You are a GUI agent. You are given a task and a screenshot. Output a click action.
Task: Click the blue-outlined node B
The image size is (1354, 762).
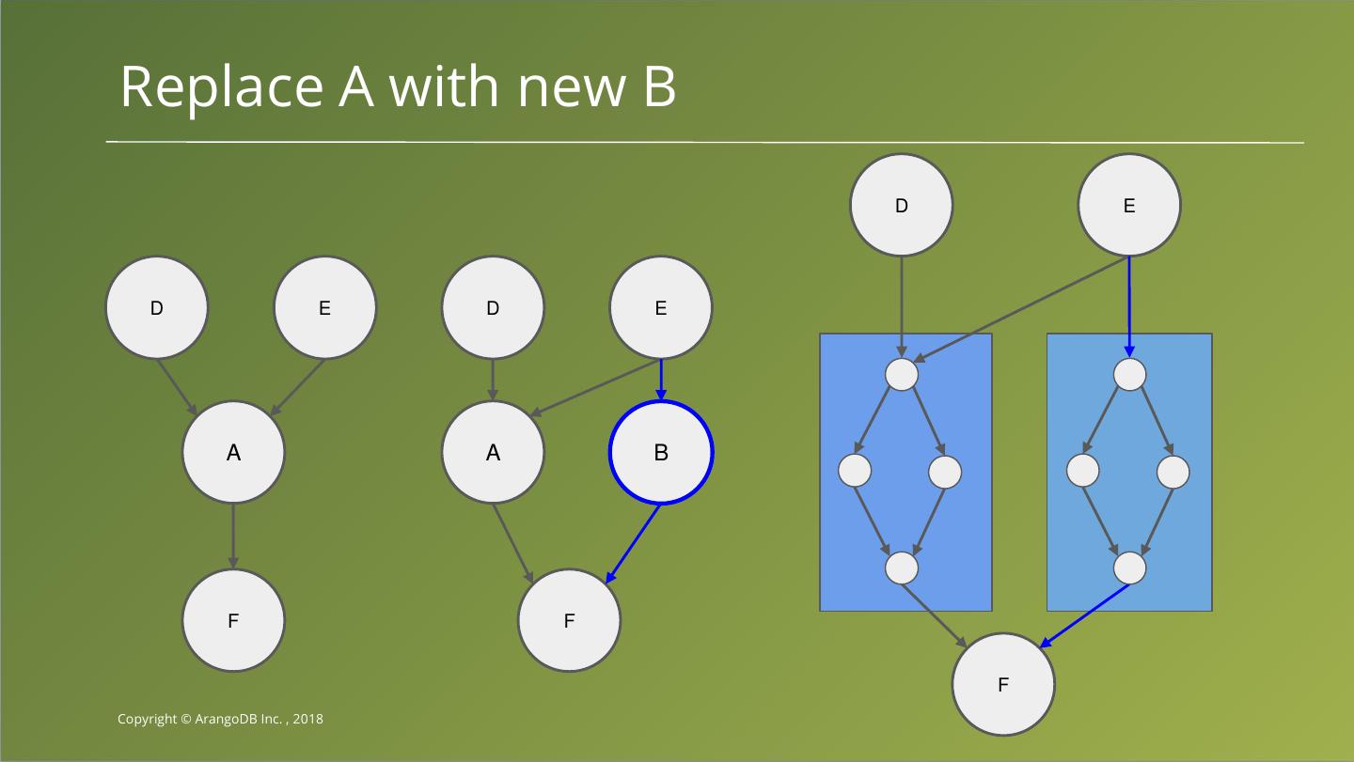click(661, 452)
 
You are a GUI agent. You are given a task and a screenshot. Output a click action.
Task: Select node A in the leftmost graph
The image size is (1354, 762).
click(233, 452)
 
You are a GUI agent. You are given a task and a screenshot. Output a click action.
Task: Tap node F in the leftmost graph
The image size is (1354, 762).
click(233, 620)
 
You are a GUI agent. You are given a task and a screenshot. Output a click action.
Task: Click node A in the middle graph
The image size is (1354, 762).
click(493, 452)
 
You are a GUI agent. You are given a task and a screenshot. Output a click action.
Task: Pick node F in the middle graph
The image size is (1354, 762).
click(569, 620)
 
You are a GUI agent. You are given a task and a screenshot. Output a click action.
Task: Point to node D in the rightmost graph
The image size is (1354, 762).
click(901, 205)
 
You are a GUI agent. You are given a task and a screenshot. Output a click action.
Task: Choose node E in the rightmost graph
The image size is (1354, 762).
click(1128, 205)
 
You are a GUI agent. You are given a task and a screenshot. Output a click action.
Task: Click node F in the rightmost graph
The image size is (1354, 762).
click(1002, 684)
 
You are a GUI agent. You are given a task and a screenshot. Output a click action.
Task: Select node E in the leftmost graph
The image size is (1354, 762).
click(324, 307)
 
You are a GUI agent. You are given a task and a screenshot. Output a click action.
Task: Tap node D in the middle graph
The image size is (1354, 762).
click(493, 307)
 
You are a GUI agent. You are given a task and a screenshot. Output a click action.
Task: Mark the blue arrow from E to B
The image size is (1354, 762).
click(661, 380)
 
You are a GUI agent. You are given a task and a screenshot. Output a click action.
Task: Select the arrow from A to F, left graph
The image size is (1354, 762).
click(233, 536)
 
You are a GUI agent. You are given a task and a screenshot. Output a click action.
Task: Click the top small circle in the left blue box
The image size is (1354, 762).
click(901, 374)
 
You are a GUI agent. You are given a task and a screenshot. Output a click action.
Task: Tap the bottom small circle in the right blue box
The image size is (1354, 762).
click(1129, 568)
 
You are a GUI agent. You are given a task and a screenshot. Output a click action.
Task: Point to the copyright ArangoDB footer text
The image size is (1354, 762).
click(220, 719)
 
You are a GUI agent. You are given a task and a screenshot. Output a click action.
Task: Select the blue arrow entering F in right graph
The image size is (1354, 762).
click(1086, 615)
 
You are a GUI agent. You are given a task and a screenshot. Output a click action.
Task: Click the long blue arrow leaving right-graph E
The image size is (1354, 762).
click(1129, 305)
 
